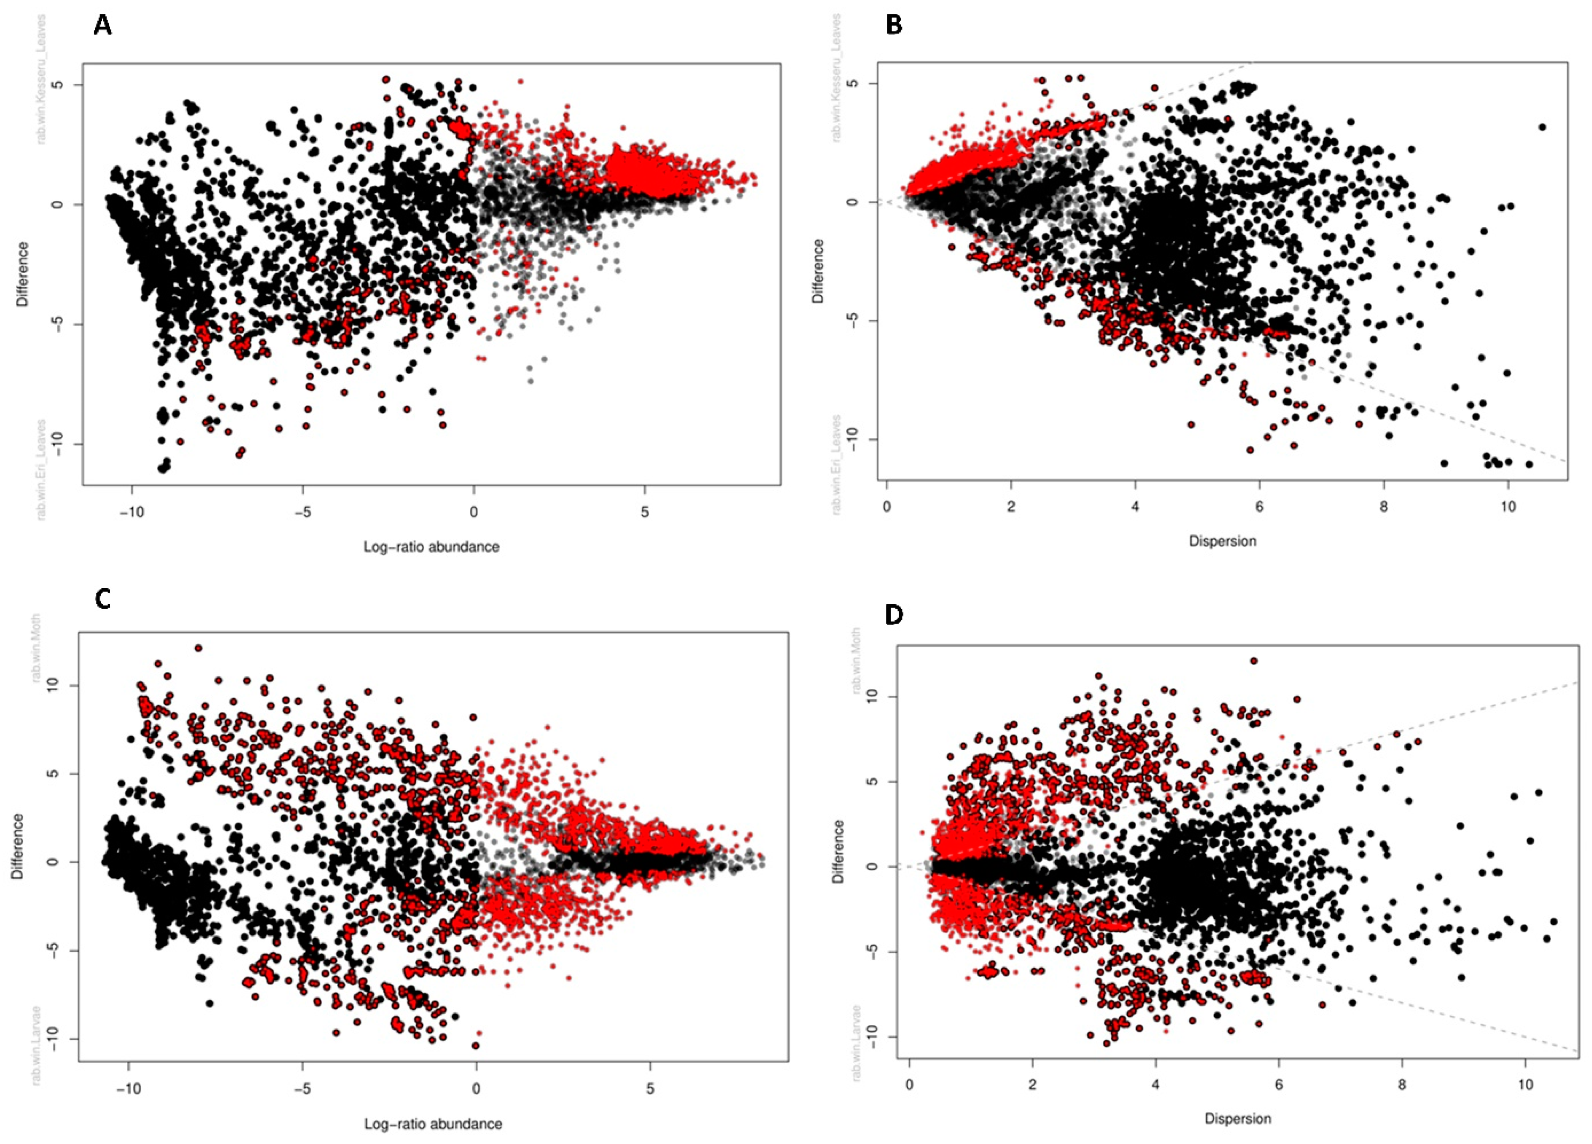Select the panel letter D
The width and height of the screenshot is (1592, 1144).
[x=894, y=615]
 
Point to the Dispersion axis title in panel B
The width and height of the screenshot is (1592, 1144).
[x=1222, y=541]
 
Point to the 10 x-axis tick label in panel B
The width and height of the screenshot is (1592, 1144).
[x=1508, y=507]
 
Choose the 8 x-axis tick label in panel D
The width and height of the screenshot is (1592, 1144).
[x=1402, y=1085]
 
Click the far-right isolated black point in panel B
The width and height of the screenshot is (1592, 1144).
[x=1542, y=127]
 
